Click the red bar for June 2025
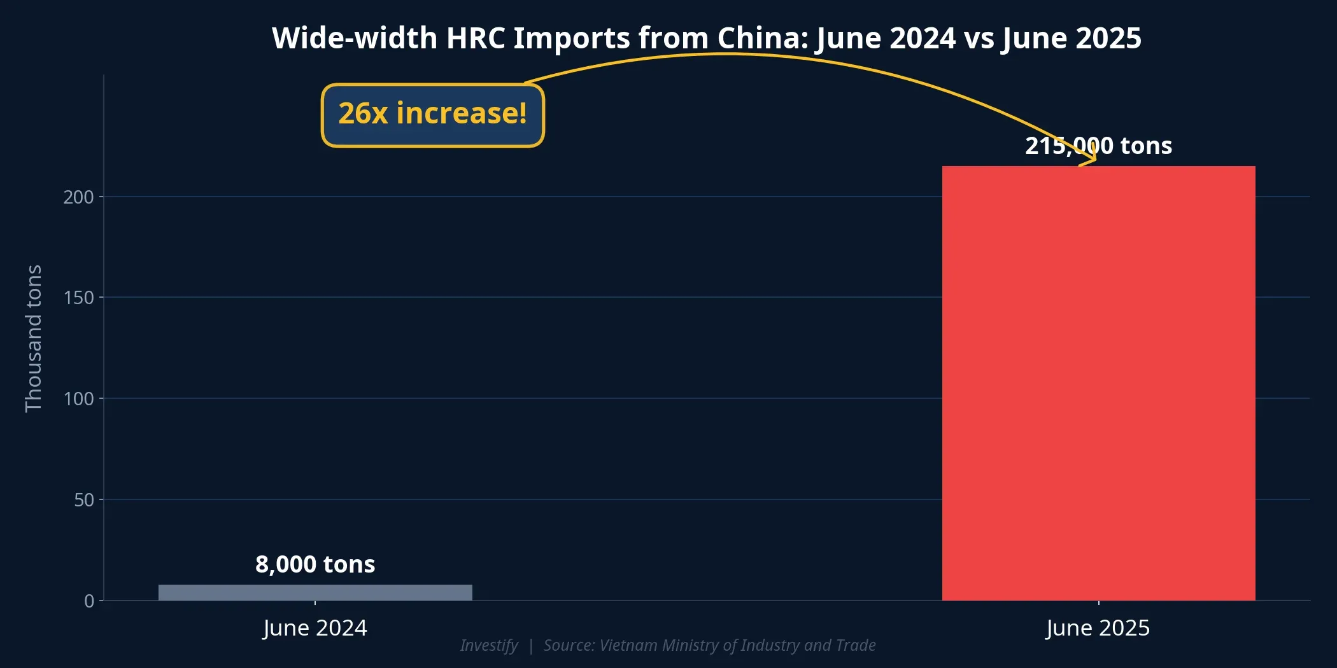point(1098,382)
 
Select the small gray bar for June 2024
point(315,592)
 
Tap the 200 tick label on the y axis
point(78,197)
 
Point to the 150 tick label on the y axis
point(78,298)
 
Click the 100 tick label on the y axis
point(78,399)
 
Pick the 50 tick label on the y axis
point(83,500)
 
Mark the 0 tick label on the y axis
point(89,601)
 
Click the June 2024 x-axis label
point(315,628)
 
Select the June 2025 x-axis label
point(1098,628)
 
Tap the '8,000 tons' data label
point(315,564)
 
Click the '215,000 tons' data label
point(1098,146)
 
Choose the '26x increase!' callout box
point(432,115)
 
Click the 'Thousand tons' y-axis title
point(33,338)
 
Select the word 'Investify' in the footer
point(489,645)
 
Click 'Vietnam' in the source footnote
point(627,645)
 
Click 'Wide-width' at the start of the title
point(355,38)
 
